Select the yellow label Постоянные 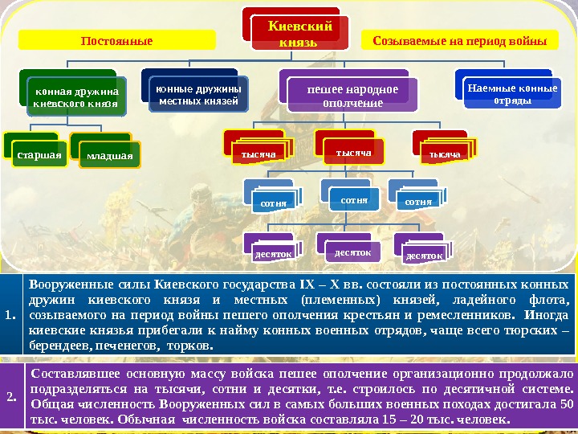(117, 39)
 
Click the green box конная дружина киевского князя (76, 97)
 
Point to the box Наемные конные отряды (511, 95)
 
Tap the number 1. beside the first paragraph (10, 314)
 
